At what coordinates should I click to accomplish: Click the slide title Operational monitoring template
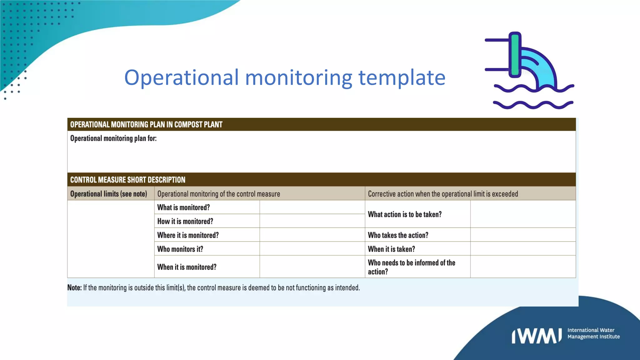pos(285,77)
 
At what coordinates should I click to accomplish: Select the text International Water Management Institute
pos(593,333)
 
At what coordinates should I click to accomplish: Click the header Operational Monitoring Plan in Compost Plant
pos(146,125)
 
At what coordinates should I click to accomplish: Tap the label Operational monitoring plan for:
pos(113,138)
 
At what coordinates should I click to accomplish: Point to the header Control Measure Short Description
pos(128,180)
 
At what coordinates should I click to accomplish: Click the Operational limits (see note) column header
pos(108,194)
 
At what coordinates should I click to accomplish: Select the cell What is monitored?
pos(183,207)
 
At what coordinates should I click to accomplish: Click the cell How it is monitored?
pos(185,221)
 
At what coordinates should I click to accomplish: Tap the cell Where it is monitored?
pos(188,235)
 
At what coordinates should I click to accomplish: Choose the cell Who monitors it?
pos(180,249)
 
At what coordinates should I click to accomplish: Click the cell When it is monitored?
pos(187,267)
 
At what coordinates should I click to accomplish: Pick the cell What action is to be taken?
pos(405,214)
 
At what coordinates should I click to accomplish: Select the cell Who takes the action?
pos(398,235)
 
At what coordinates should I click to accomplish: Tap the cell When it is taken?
pos(391,249)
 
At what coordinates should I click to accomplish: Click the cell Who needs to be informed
pos(411,267)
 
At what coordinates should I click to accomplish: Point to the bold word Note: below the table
pos(74,287)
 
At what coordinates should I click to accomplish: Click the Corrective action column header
pos(443,194)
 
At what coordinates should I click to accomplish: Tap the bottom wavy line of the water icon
pos(533,105)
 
